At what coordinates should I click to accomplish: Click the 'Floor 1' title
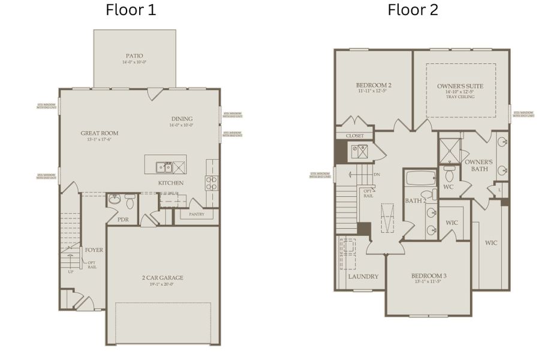131,10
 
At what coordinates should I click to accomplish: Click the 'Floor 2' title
413,10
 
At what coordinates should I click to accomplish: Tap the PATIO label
134,56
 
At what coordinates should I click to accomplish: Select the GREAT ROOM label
100,133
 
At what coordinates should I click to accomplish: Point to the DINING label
182,119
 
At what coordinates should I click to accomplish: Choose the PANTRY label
196,214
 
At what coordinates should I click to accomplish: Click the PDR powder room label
123,220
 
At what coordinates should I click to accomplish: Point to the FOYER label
93,250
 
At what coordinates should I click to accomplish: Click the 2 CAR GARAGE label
163,278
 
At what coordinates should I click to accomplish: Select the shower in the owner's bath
450,150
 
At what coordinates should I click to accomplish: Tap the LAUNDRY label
363,277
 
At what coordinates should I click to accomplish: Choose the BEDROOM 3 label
429,276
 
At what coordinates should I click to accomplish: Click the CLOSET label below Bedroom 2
354,136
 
